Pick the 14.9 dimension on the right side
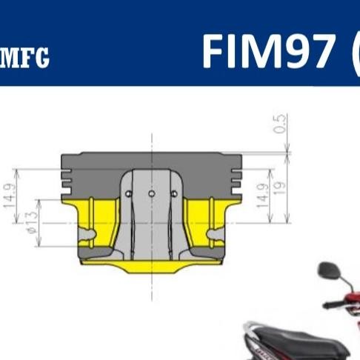pyautogui.click(x=261, y=195)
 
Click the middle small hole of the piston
pyautogui.click(x=151, y=194)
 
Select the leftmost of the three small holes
pyautogui.click(x=128, y=194)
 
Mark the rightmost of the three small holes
pyautogui.click(x=174, y=194)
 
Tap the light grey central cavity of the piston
pyautogui.click(x=151, y=222)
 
